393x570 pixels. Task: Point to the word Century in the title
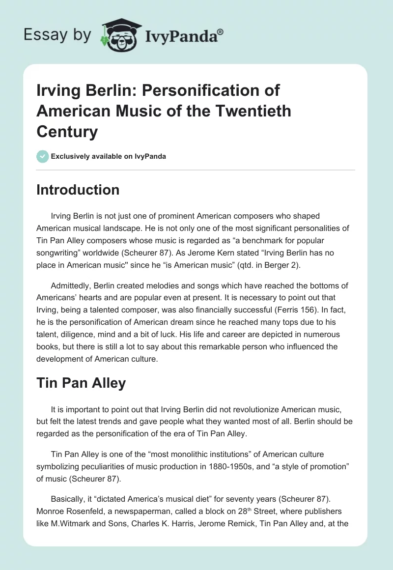(67, 132)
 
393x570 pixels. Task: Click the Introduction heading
(78, 190)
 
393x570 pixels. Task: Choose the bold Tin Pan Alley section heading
(81, 383)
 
